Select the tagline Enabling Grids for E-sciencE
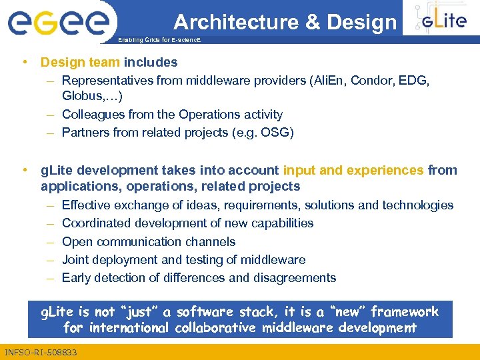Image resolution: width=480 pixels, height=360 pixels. click(159, 41)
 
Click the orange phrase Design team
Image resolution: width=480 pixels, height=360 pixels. click(80, 63)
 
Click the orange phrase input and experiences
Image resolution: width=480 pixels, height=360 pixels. click(353, 170)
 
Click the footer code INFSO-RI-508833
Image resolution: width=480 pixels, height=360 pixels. click(40, 351)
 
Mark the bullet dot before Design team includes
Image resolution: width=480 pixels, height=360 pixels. click(25, 63)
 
